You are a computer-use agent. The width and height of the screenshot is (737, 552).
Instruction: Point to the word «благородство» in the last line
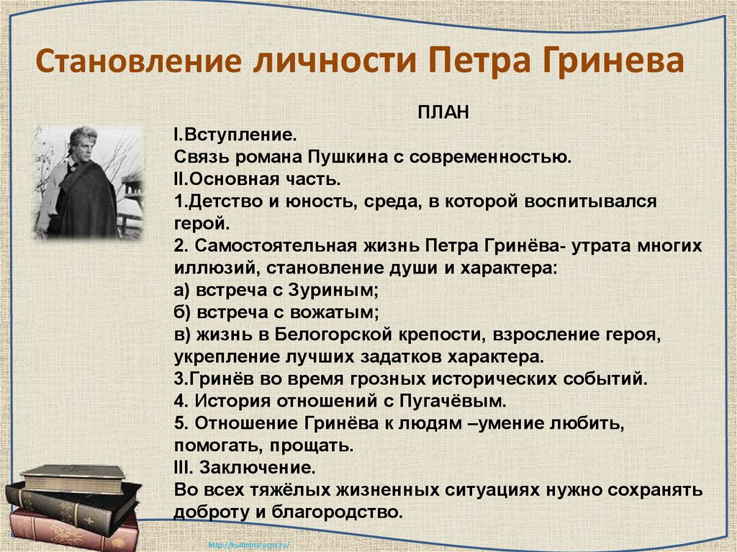(x=345, y=512)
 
